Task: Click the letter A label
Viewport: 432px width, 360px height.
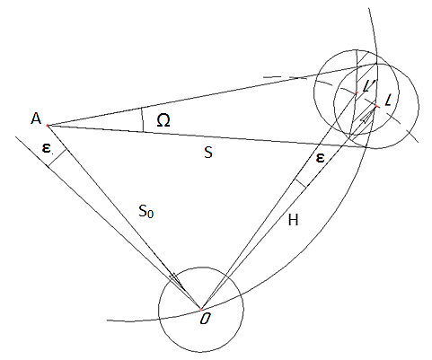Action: tap(36, 119)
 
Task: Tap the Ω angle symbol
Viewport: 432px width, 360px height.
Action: tap(163, 120)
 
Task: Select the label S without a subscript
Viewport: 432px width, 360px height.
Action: tap(208, 153)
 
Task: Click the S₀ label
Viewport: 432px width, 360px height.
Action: tap(146, 211)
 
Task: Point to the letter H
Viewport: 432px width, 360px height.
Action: tap(293, 220)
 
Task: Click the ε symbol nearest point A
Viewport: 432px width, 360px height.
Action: tap(46, 148)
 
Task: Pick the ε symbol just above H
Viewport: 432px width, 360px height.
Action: tap(320, 158)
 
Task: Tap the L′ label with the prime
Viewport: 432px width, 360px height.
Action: tap(366, 87)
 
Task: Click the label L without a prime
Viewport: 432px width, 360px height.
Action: tap(387, 101)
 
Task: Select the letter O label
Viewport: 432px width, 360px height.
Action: tap(205, 320)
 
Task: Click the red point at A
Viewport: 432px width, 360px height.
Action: tap(47, 126)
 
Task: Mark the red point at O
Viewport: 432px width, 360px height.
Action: tap(201, 309)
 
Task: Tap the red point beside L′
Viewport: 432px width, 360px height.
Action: tap(357, 92)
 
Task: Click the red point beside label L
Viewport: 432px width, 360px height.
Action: tap(376, 106)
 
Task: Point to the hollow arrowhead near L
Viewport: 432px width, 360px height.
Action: tap(367, 117)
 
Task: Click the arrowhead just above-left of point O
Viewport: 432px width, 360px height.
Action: tap(176, 280)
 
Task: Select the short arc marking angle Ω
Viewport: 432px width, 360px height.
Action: tap(143, 119)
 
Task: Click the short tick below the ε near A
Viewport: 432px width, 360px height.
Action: tap(57, 158)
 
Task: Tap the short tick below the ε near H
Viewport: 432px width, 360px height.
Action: tap(300, 183)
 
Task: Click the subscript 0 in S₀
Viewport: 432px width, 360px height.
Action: tap(151, 214)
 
